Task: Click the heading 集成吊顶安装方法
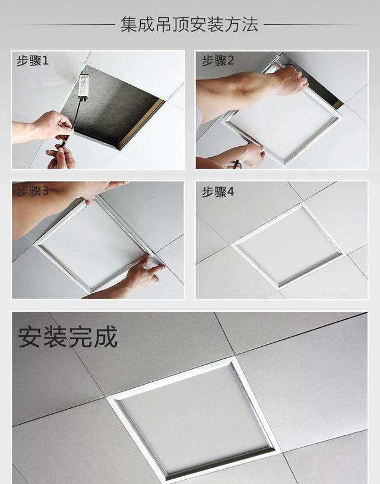point(189,24)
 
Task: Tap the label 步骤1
point(33,61)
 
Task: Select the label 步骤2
point(218,61)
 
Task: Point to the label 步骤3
point(33,191)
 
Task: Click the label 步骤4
point(218,192)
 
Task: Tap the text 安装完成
point(68,337)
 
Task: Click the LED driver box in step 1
point(83,86)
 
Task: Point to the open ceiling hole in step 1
point(112,106)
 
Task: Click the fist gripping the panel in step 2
point(291,81)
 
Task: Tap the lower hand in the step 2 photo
point(247,156)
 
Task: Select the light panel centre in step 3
point(93,244)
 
